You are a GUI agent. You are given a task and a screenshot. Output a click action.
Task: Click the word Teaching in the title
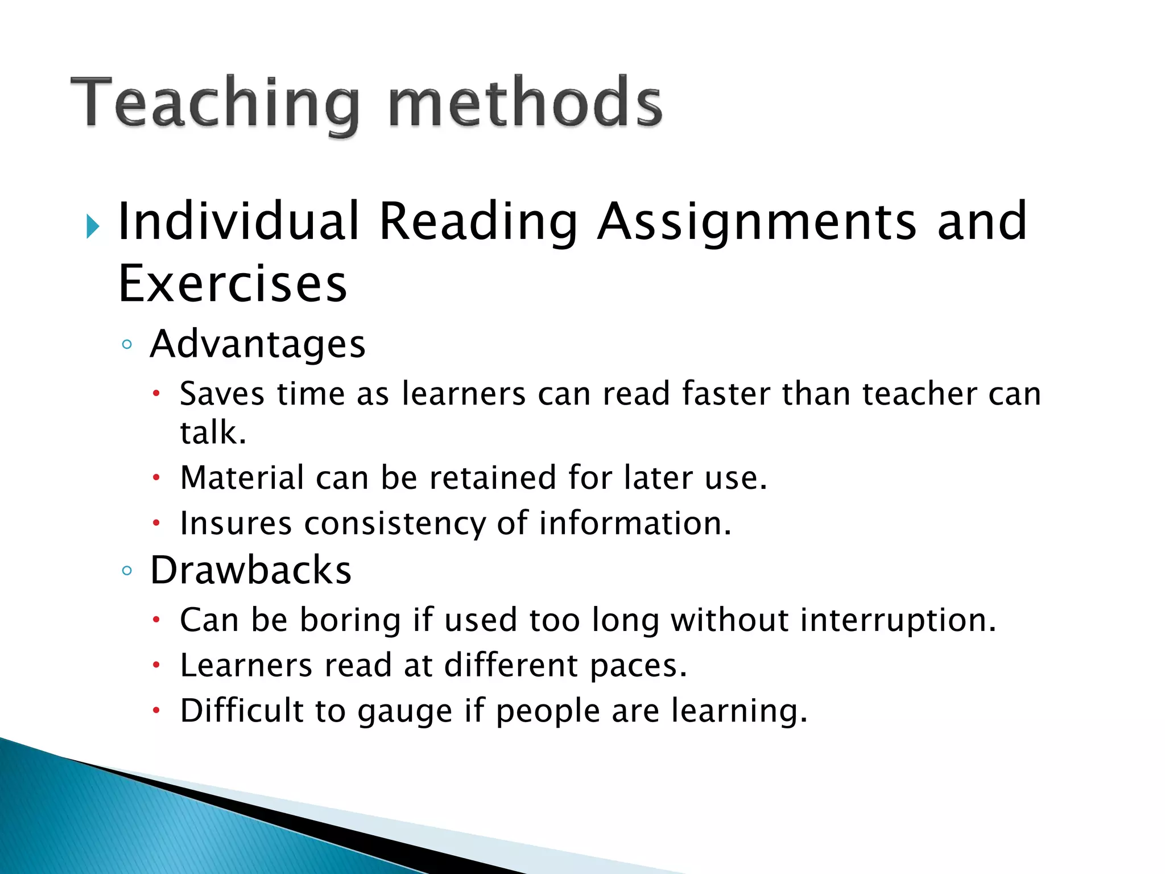pyautogui.click(x=215, y=103)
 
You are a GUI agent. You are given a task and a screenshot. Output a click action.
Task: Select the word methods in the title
pyautogui.click(x=524, y=103)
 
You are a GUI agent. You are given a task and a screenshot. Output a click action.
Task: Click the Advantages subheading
pyautogui.click(x=258, y=344)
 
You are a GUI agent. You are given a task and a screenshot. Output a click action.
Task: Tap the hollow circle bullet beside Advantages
pyautogui.click(x=127, y=345)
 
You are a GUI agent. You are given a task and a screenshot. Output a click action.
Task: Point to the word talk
pyautogui.click(x=213, y=432)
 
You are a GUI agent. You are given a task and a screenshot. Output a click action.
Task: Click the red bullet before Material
pyautogui.click(x=156, y=479)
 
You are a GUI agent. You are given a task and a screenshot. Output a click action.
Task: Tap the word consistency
pyautogui.click(x=395, y=524)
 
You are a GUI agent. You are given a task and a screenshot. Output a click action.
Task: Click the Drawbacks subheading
pyautogui.click(x=251, y=570)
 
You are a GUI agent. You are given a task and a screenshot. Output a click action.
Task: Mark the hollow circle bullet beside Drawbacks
pyautogui.click(x=127, y=571)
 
